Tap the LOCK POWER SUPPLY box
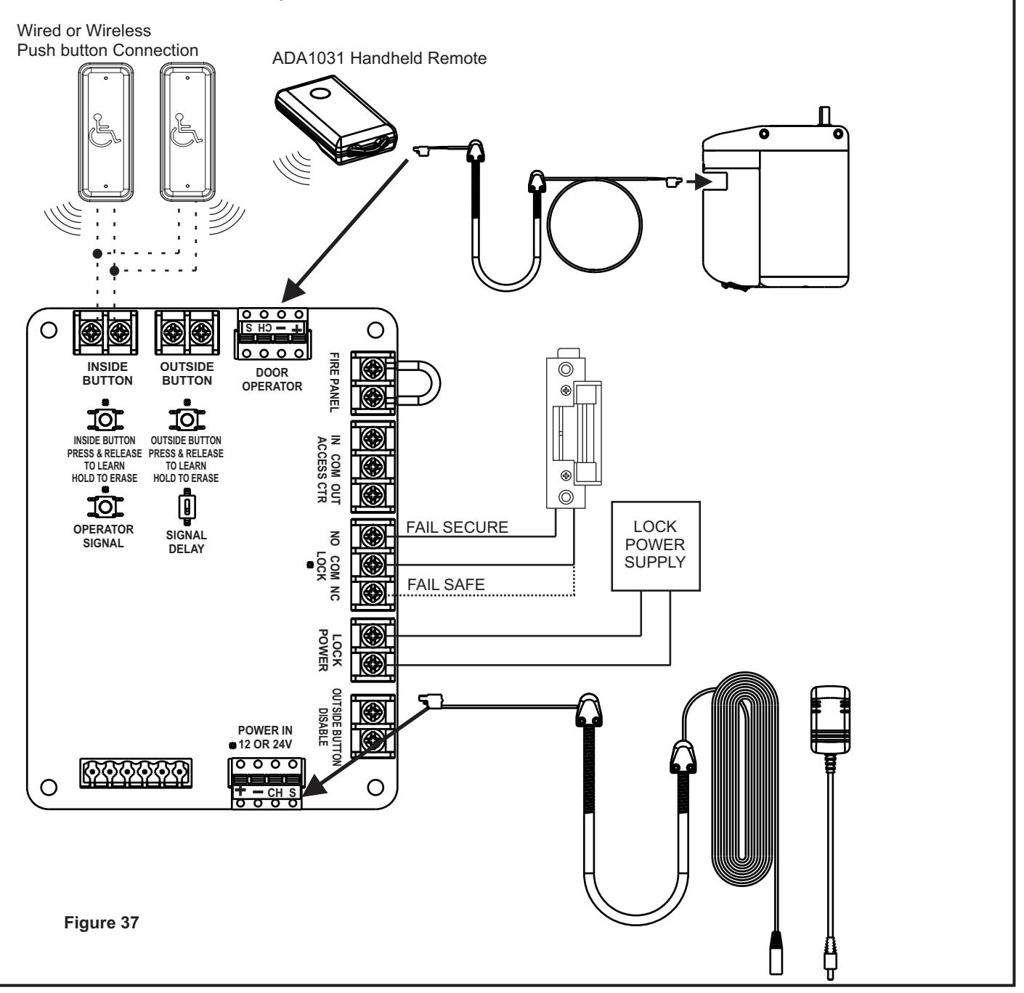point(655,545)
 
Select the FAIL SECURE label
point(457,527)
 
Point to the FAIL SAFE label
point(446,584)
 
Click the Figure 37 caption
point(101,922)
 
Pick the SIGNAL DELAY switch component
point(187,507)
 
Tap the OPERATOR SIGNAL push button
point(105,505)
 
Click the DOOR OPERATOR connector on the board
point(272,334)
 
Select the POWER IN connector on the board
point(267,783)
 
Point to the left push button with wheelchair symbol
point(105,132)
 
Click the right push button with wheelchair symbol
point(187,132)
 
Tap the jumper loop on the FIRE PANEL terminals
point(421,383)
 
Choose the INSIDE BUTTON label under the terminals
point(107,373)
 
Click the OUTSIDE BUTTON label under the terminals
point(187,373)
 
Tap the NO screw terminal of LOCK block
point(373,536)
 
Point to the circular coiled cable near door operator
point(595,225)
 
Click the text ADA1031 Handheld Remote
point(379,58)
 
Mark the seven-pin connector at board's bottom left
point(136,772)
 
